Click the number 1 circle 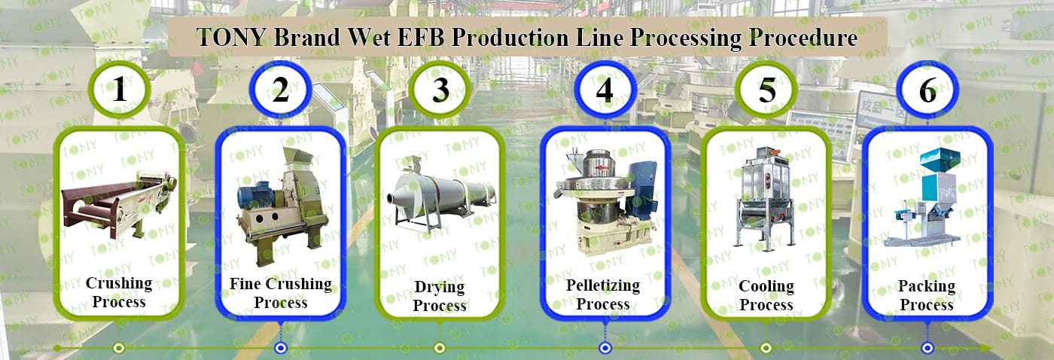(x=119, y=90)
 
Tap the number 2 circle (x=280, y=90)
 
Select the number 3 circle (x=440, y=90)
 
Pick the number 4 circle (x=605, y=90)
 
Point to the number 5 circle (x=766, y=90)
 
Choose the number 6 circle (x=928, y=90)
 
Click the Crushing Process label (x=119, y=293)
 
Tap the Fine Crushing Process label (x=280, y=293)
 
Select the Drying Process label (x=440, y=296)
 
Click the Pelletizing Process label (x=603, y=294)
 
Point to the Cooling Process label (x=766, y=295)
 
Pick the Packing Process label (x=927, y=295)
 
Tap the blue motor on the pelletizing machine (x=644, y=181)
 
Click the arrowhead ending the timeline (x=986, y=348)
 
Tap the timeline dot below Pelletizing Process (x=605, y=348)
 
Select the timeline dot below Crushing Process (x=118, y=348)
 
